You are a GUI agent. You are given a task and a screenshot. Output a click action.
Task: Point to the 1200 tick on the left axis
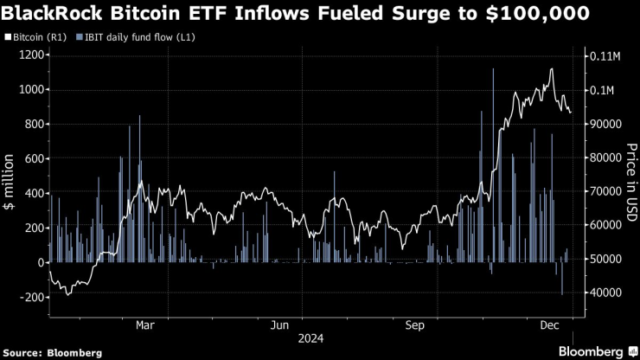[x=29, y=55]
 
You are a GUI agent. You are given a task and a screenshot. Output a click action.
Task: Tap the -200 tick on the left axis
[x=29, y=297]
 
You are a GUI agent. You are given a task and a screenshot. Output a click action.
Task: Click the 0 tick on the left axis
[x=39, y=262]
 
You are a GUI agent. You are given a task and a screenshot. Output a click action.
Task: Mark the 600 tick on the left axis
[x=32, y=159]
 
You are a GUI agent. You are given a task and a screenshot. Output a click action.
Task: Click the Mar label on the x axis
[x=145, y=325]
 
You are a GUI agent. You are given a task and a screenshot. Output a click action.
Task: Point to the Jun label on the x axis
[x=279, y=325]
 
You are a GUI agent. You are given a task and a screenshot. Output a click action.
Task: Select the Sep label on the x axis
[x=415, y=325]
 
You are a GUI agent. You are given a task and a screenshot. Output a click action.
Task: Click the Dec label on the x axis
[x=549, y=325]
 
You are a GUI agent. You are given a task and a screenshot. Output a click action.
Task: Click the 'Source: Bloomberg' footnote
[x=54, y=352]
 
